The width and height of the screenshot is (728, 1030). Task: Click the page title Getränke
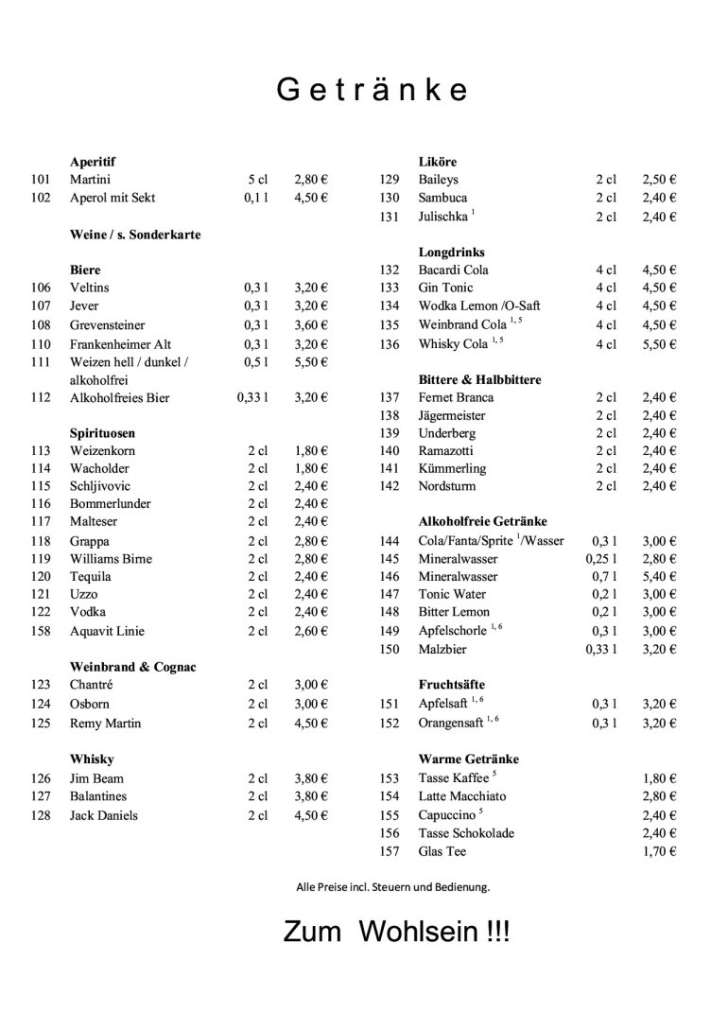(373, 90)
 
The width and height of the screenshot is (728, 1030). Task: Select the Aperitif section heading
(93, 162)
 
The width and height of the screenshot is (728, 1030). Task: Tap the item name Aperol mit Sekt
(113, 198)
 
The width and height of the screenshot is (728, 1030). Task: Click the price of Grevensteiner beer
(310, 325)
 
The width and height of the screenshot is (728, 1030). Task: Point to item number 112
(41, 397)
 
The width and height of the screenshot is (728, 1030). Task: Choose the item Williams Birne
(111, 559)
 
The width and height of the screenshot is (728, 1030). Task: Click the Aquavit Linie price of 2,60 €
(310, 631)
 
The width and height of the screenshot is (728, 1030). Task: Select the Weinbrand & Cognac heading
(132, 667)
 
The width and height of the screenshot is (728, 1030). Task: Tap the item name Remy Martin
(106, 724)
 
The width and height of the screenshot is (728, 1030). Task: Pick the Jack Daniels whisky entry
(104, 815)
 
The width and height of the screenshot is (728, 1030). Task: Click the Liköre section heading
(438, 162)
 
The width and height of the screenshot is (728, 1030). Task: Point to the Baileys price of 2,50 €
(659, 179)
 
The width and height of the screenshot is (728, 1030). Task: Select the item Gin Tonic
(446, 288)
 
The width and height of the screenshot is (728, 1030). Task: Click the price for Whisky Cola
(659, 344)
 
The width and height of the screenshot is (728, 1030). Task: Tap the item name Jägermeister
(452, 415)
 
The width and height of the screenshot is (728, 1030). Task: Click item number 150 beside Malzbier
(390, 649)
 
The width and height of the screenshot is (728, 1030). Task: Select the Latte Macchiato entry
(462, 796)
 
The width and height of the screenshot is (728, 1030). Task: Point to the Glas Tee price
(659, 851)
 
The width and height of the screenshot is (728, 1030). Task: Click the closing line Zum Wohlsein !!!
(397, 932)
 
